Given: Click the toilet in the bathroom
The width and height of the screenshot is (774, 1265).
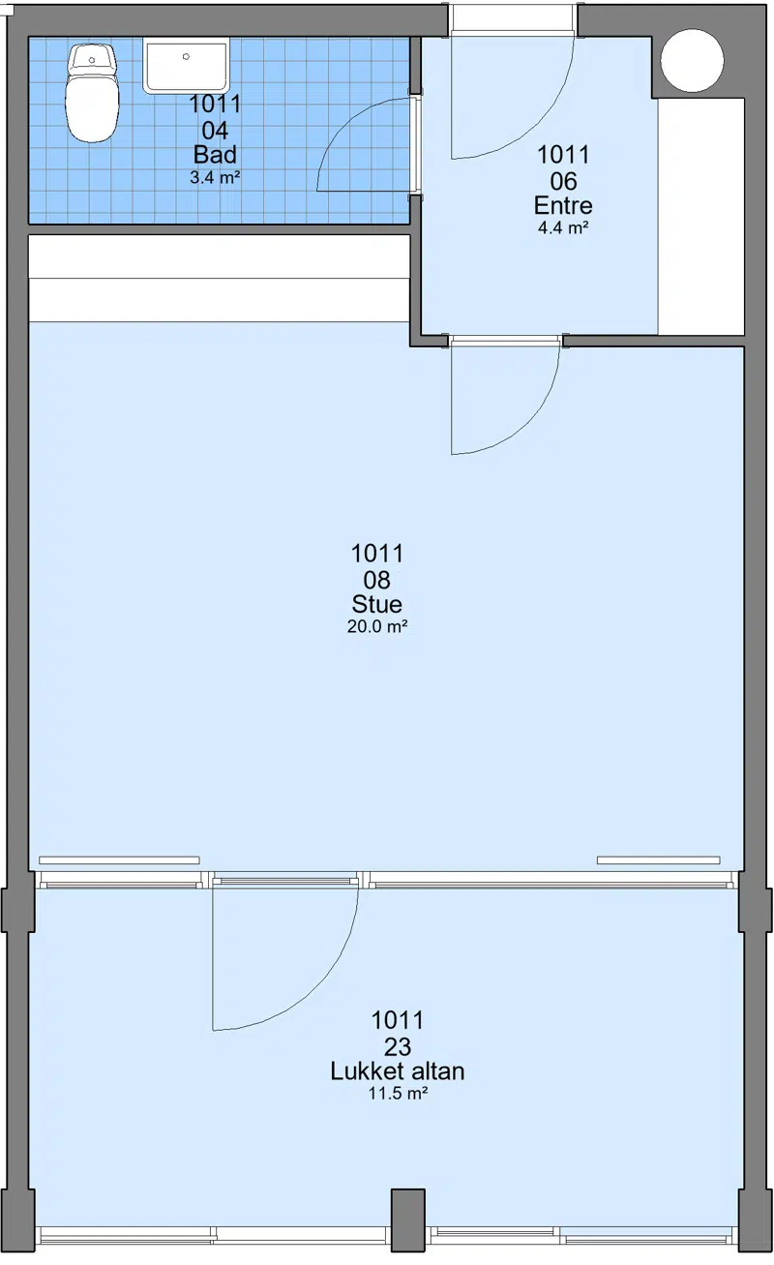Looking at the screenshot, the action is pos(93,93).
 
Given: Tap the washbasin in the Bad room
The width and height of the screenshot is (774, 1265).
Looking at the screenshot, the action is pos(187,65).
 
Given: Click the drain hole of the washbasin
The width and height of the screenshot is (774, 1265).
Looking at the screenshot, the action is pos(187,56).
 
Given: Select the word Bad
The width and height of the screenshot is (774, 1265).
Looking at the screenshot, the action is pos(215,154).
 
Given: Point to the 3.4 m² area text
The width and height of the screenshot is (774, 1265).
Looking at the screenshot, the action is pos(215,178).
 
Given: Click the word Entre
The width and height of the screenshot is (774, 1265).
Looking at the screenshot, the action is pos(563,205).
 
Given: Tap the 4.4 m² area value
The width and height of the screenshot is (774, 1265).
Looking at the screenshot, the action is pos(563,228).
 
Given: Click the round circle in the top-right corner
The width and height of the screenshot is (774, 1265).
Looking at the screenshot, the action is pos(692,60).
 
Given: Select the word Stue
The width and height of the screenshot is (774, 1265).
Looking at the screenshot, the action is pos(377,604).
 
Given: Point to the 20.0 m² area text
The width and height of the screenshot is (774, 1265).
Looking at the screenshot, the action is pos(377,626).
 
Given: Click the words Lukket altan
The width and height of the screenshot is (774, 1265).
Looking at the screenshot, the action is pos(398,1070).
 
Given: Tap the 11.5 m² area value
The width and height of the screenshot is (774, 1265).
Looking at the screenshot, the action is pos(398,1094).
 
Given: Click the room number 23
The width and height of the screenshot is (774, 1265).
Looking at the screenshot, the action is pos(398,1046).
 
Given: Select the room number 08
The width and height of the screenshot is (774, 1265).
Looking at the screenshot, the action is pos(377,580).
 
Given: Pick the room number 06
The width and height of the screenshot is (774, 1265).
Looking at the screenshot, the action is pos(563,181).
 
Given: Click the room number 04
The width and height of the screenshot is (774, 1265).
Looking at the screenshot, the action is pos(215,131).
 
